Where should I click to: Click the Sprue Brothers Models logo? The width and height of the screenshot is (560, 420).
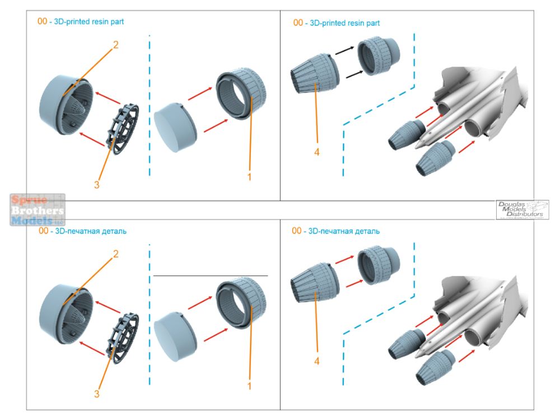(x=38, y=209)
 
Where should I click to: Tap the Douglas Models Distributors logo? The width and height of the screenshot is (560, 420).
(x=523, y=209)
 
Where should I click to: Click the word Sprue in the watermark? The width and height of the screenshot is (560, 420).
(x=28, y=200)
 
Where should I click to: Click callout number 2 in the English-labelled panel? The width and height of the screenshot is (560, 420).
(x=116, y=45)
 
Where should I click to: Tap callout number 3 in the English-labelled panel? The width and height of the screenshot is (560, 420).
(x=97, y=185)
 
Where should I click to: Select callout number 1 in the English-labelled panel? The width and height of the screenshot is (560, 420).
(x=249, y=177)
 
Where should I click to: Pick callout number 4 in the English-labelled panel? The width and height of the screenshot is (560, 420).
(x=317, y=152)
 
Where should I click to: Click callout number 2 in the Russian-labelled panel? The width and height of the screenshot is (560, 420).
(x=116, y=254)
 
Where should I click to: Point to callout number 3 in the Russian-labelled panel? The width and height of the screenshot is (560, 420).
(x=97, y=394)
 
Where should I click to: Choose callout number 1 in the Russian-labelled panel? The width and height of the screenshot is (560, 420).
(x=249, y=386)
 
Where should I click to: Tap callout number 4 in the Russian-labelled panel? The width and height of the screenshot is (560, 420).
(x=317, y=361)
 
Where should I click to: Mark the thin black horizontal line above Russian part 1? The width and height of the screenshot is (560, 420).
(x=210, y=276)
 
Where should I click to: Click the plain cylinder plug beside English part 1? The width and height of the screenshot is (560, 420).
(x=175, y=129)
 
